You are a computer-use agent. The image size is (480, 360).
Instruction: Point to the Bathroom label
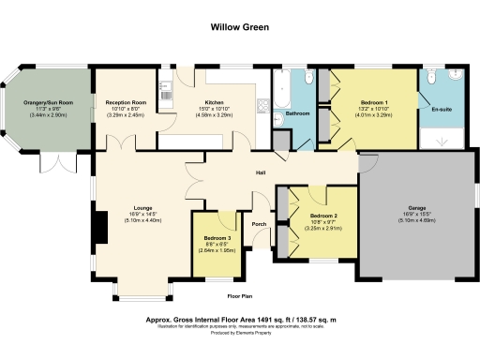point(298,113)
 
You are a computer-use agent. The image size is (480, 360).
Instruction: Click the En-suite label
point(442,111)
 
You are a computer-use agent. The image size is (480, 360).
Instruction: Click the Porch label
point(260,225)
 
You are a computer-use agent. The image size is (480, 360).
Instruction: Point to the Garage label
point(417,207)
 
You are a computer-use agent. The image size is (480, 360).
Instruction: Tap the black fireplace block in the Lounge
point(95,224)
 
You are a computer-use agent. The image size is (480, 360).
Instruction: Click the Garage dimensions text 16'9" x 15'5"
point(417,214)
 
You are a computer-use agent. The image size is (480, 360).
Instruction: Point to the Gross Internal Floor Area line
point(241,319)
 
